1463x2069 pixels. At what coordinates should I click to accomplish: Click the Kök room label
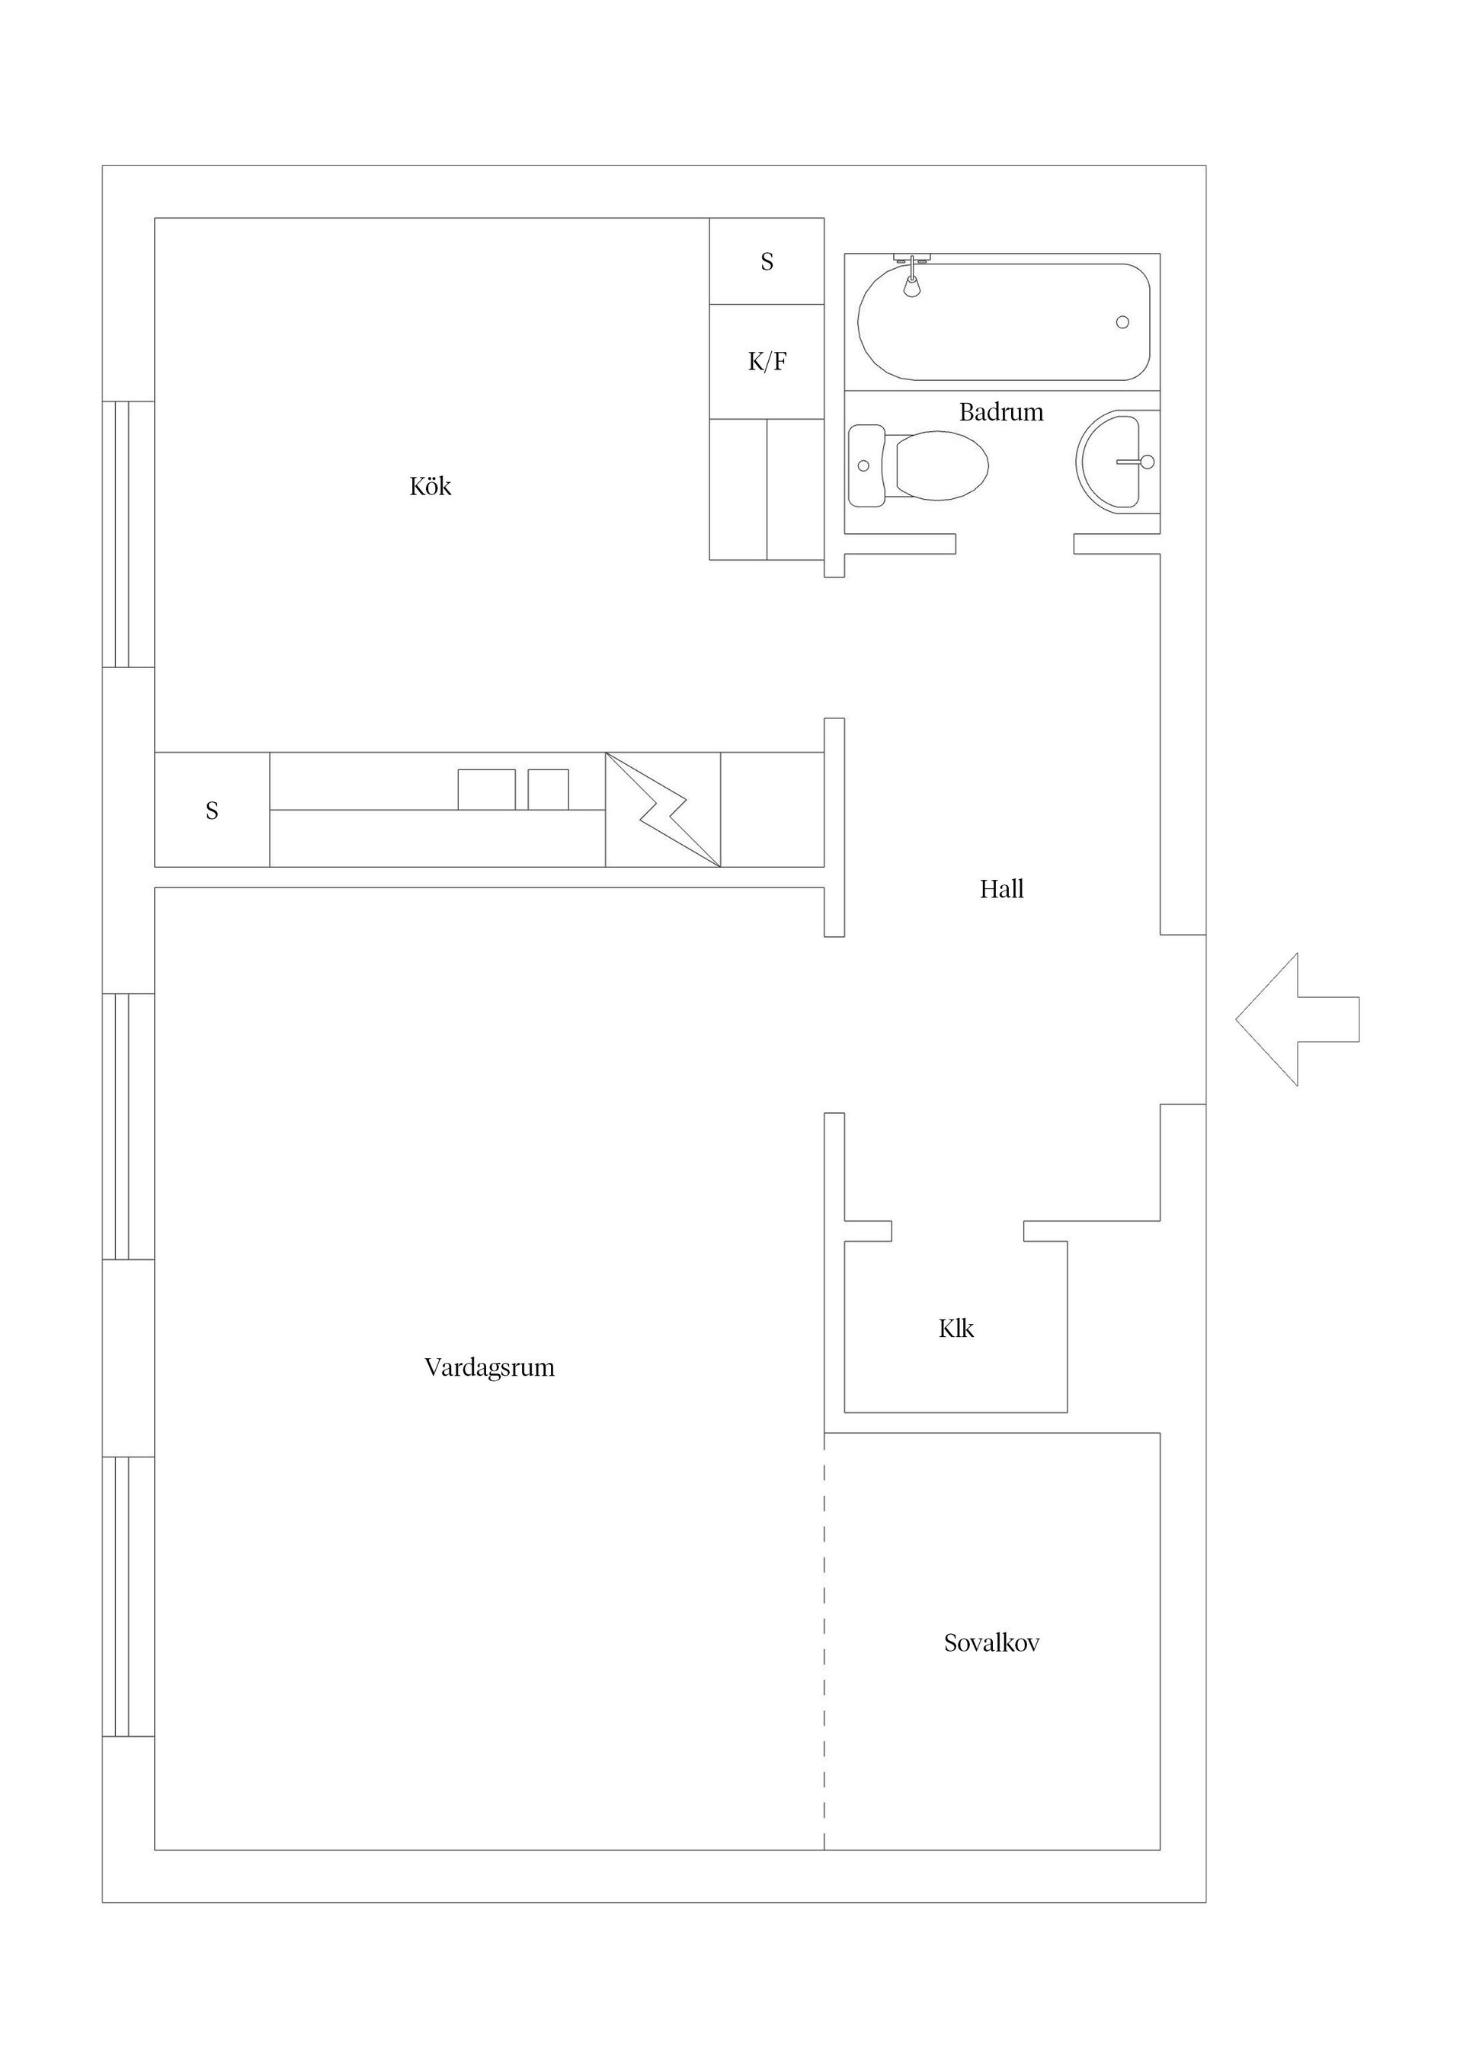[430, 487]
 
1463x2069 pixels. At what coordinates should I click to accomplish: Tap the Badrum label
[1000, 412]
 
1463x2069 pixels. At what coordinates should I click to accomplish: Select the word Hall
[1001, 890]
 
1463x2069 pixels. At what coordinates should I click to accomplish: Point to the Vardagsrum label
[489, 1368]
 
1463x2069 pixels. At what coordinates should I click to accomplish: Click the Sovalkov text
[991, 1642]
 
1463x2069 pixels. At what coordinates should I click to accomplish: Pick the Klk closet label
[956, 1329]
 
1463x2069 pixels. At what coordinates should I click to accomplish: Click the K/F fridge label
[767, 361]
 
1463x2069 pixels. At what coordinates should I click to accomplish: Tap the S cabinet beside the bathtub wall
[767, 261]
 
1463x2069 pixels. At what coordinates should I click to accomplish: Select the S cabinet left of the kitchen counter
[212, 810]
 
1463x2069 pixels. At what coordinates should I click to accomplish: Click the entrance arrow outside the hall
[1297, 1019]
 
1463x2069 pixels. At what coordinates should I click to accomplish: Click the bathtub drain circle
[1122, 321]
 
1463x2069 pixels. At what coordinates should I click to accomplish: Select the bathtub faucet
[913, 275]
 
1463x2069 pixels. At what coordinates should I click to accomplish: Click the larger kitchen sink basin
[487, 789]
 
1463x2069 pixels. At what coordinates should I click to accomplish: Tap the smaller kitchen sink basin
[548, 789]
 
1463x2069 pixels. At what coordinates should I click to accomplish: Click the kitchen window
[128, 534]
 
